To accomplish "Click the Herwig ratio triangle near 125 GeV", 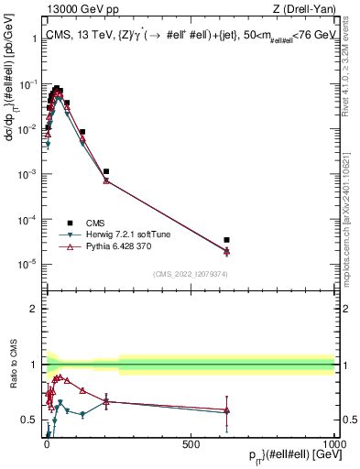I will click(82, 414).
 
